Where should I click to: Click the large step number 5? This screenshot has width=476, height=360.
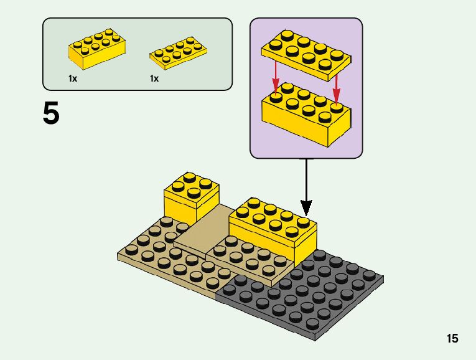(52, 113)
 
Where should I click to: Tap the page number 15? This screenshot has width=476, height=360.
(452, 339)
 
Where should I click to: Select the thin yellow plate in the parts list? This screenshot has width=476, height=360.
(178, 52)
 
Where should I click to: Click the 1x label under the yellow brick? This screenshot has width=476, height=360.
(73, 78)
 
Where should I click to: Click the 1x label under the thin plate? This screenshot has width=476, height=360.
(154, 78)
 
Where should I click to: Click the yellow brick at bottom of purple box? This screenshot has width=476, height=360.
(305, 116)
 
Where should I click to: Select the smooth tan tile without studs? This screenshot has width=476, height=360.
(199, 234)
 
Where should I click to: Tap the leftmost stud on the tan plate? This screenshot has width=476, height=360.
(131, 249)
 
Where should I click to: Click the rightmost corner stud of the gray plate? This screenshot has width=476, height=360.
(376, 275)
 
